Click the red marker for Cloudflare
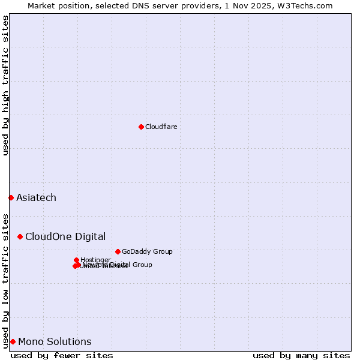click(x=141, y=127)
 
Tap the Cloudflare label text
click(x=161, y=127)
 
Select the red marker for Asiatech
click(x=11, y=197)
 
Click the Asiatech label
click(x=36, y=197)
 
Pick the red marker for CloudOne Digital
click(x=20, y=236)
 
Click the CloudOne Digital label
click(x=65, y=236)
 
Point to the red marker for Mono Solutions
click(x=13, y=341)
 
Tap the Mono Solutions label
click(x=55, y=341)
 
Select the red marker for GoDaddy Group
click(x=118, y=251)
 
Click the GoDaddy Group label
click(x=147, y=251)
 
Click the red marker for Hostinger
click(x=76, y=260)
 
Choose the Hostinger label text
click(x=95, y=260)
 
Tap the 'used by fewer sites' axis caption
click(x=62, y=355)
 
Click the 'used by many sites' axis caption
click(x=301, y=355)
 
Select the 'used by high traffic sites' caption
click(x=5, y=85)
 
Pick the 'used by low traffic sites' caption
click(x=5, y=280)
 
